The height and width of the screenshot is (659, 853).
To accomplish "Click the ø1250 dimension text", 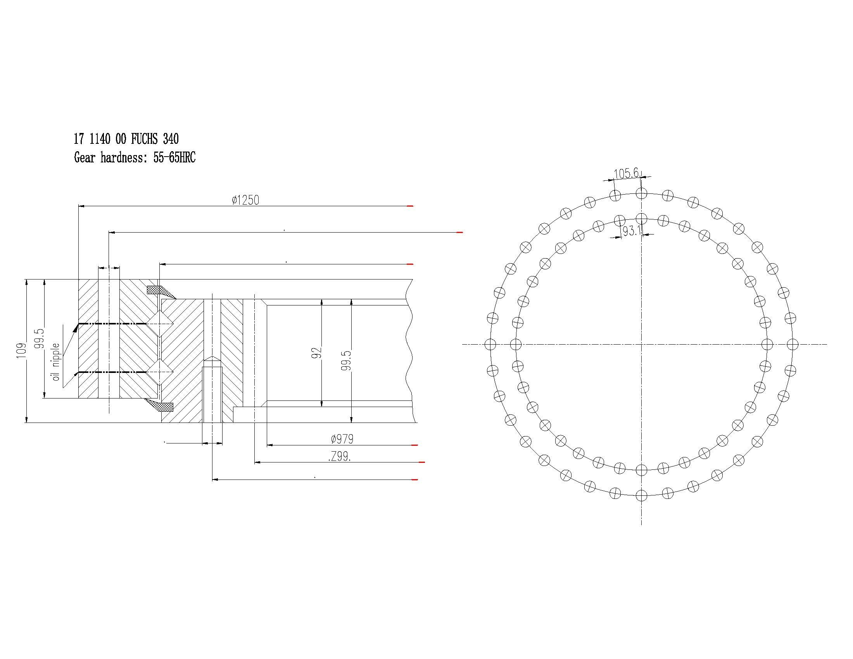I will coord(245,200).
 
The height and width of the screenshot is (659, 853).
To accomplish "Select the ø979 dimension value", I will coord(342,439).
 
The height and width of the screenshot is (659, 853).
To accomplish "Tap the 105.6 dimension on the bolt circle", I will coord(626,173).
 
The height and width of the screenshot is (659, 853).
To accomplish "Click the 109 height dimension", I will coord(21,350).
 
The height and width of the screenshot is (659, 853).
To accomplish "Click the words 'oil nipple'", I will coord(56,362).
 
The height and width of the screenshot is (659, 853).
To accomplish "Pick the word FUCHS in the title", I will coord(144,139).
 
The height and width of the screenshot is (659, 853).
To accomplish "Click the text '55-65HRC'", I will coord(174,158).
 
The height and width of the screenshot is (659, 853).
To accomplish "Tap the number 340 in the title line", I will coord(170,139).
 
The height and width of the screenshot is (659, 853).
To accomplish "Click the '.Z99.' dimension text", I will coord(339,457).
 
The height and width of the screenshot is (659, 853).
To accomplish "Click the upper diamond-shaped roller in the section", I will coord(159,324).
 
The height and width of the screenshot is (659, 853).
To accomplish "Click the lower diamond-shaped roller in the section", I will coord(159,372).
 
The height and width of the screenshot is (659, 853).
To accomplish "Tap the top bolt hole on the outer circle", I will coord(641,193).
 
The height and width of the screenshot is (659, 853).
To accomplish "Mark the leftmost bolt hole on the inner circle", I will coord(516,344).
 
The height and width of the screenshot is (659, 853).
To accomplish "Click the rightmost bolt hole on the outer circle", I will coord(792,344).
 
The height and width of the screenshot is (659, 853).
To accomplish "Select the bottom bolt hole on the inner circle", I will coord(641,470).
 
